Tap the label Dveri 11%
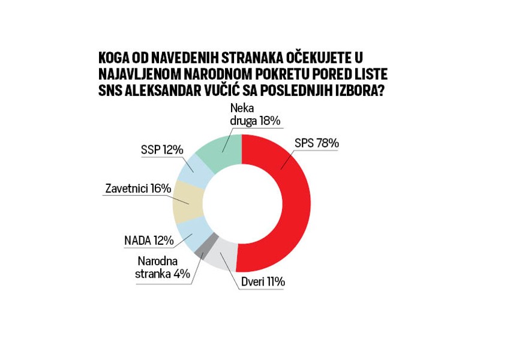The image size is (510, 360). point(263,281)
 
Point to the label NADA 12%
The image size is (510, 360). point(148,241)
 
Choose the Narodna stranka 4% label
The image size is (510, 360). point(163,268)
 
